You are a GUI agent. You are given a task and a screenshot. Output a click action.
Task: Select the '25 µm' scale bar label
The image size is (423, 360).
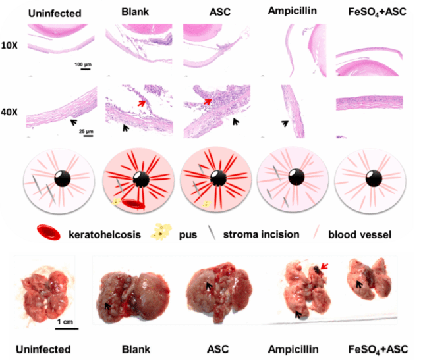point(86,131)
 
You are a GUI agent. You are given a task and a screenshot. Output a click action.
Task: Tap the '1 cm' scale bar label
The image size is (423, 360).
point(65,321)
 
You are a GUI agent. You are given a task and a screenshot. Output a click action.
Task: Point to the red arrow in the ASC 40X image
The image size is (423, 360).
point(208,101)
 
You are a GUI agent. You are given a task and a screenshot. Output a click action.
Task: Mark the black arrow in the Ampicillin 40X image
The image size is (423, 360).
point(285,122)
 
